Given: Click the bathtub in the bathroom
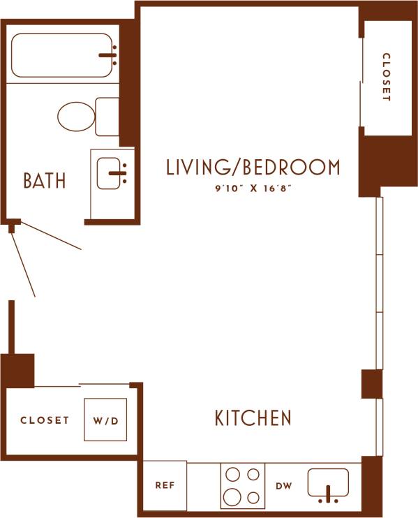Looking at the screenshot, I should (x=61, y=56).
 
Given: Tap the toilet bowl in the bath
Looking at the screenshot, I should (x=75, y=117).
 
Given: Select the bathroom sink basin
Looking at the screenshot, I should (x=110, y=174).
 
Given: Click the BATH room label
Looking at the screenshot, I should (x=45, y=181).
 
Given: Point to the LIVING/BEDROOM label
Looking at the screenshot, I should (x=253, y=168).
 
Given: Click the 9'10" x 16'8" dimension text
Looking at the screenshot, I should (x=253, y=188).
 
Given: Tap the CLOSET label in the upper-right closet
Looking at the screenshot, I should (x=385, y=77).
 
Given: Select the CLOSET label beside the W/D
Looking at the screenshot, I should (x=45, y=420).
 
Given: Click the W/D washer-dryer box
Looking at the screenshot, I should (x=106, y=420).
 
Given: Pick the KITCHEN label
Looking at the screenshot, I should (x=252, y=418).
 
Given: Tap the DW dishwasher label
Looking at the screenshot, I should (x=283, y=486).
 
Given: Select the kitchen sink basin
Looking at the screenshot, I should (x=328, y=482).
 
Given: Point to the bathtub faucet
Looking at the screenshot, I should (x=108, y=54).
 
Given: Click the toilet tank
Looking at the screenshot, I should (x=107, y=117).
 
